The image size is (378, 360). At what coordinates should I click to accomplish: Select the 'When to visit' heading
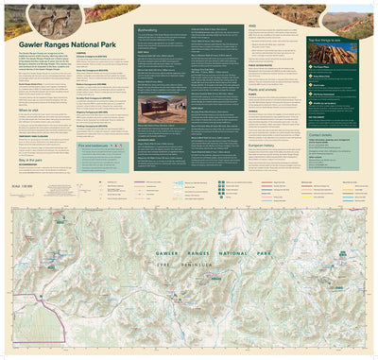[x=28, y=109]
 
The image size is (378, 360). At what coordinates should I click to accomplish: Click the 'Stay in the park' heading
[x=30, y=161]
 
